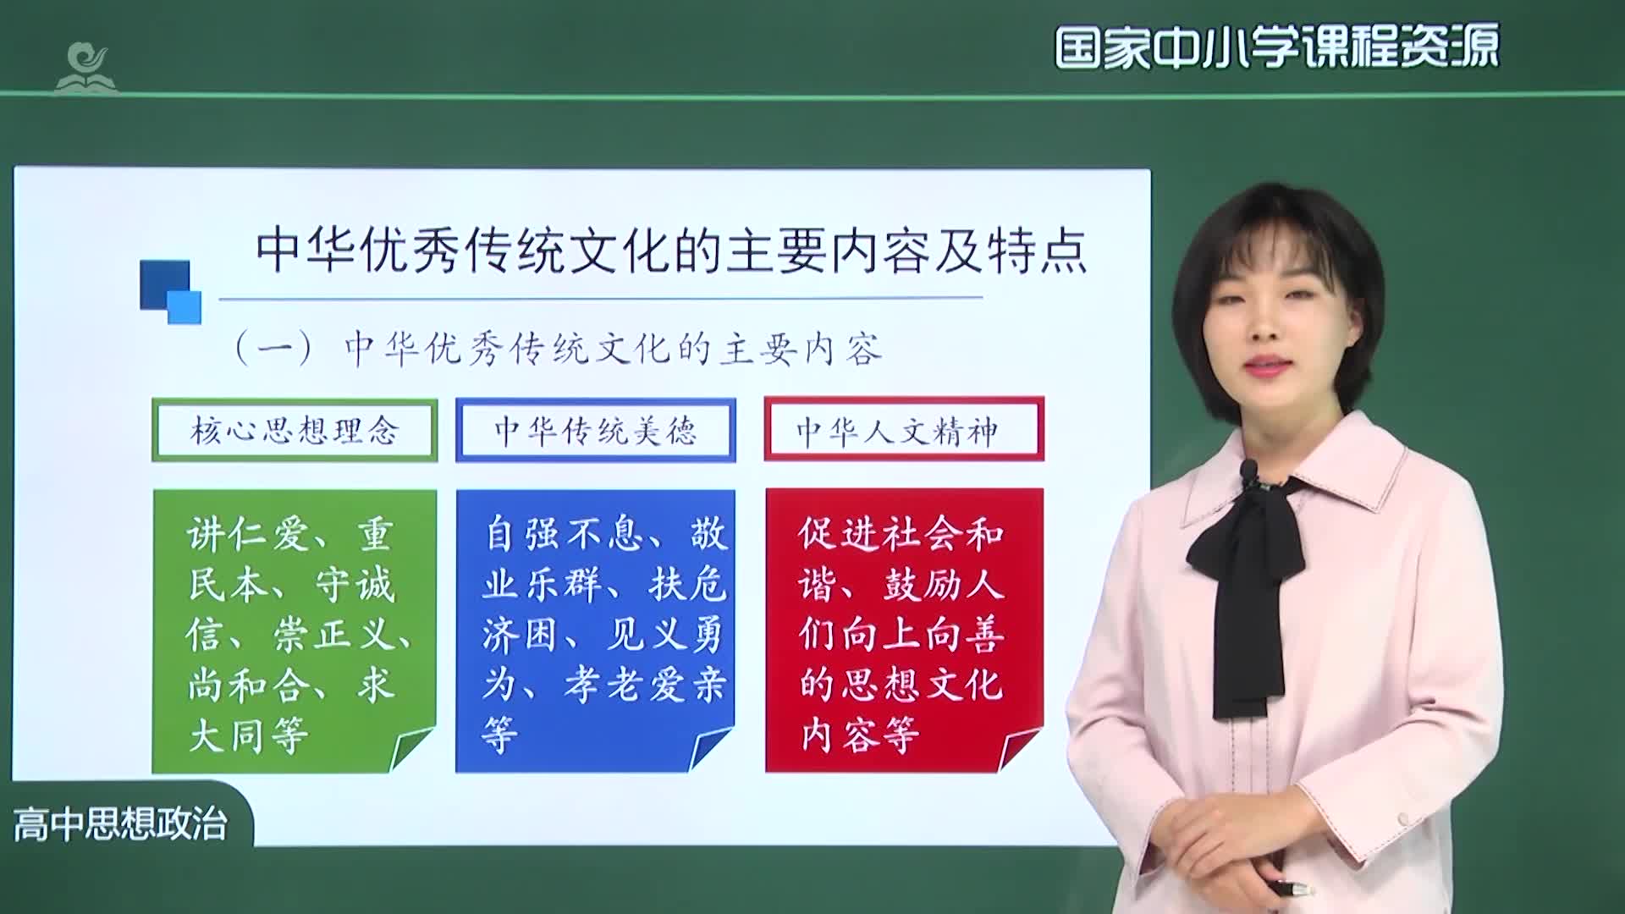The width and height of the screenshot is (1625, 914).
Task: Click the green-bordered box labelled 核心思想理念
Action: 295,431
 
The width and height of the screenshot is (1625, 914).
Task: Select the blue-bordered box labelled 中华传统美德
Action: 595,431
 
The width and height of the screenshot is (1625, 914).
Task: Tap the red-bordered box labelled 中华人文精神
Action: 903,431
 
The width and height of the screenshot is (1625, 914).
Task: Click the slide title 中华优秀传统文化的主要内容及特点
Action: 670,251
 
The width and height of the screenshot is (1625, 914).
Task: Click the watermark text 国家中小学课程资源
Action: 1276,47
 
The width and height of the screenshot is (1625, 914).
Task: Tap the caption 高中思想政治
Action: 120,824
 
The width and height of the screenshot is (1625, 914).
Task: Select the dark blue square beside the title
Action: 164,284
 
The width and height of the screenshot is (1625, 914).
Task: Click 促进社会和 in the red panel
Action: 901,534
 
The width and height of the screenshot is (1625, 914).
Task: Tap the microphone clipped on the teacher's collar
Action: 1249,471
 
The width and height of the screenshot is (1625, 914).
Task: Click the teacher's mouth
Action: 1264,366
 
